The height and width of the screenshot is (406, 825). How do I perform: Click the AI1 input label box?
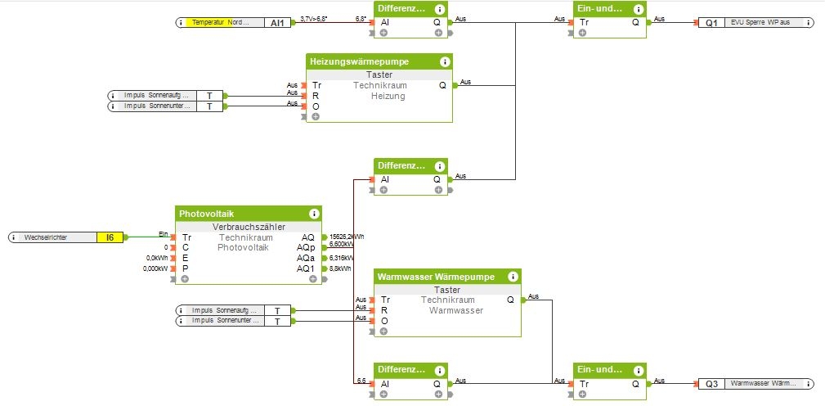277,23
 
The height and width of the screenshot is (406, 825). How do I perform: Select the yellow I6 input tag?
110,237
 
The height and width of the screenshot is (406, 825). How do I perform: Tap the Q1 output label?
711,23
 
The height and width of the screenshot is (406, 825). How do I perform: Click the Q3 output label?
711,383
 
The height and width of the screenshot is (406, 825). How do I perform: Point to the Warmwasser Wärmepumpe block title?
436,277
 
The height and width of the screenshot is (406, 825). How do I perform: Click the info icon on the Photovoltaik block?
314,214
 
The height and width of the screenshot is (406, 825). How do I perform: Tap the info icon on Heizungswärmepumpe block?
444,61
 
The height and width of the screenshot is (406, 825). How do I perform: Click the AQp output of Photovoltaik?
305,246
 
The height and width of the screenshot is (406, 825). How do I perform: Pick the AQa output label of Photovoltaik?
305,258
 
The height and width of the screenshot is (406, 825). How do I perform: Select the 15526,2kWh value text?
347,237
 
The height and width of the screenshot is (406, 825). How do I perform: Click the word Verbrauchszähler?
249,227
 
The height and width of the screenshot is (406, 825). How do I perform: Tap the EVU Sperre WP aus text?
762,23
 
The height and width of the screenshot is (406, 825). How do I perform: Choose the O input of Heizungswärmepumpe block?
316,106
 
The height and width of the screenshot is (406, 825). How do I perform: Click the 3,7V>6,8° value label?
315,18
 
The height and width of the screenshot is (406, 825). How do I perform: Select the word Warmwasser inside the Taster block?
455,310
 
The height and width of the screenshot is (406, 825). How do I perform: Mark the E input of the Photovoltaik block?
186,258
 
